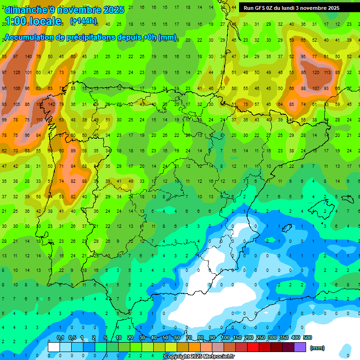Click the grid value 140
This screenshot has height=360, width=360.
(x=28, y=57)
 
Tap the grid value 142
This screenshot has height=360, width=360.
(x=52, y=104)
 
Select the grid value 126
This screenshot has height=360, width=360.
(x=16, y=73)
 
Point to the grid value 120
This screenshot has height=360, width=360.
(x=315, y=73)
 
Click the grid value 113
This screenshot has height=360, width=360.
(x=327, y=73)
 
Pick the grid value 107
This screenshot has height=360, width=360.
(x=315, y=89)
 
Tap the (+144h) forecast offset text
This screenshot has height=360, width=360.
(x=83, y=21)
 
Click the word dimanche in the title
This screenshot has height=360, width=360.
(x=26, y=10)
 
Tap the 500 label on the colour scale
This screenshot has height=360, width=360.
(x=307, y=337)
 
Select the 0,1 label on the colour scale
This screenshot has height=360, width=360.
(x=60, y=337)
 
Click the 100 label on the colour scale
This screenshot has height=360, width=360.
(x=225, y=337)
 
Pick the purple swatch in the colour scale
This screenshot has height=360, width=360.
(x=300, y=347)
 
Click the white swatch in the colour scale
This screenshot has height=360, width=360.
(x=54, y=347)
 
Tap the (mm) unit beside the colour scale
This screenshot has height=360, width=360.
(x=317, y=348)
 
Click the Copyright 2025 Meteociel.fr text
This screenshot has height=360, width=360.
(x=199, y=356)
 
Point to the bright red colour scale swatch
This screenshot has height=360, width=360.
(x=253, y=347)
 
